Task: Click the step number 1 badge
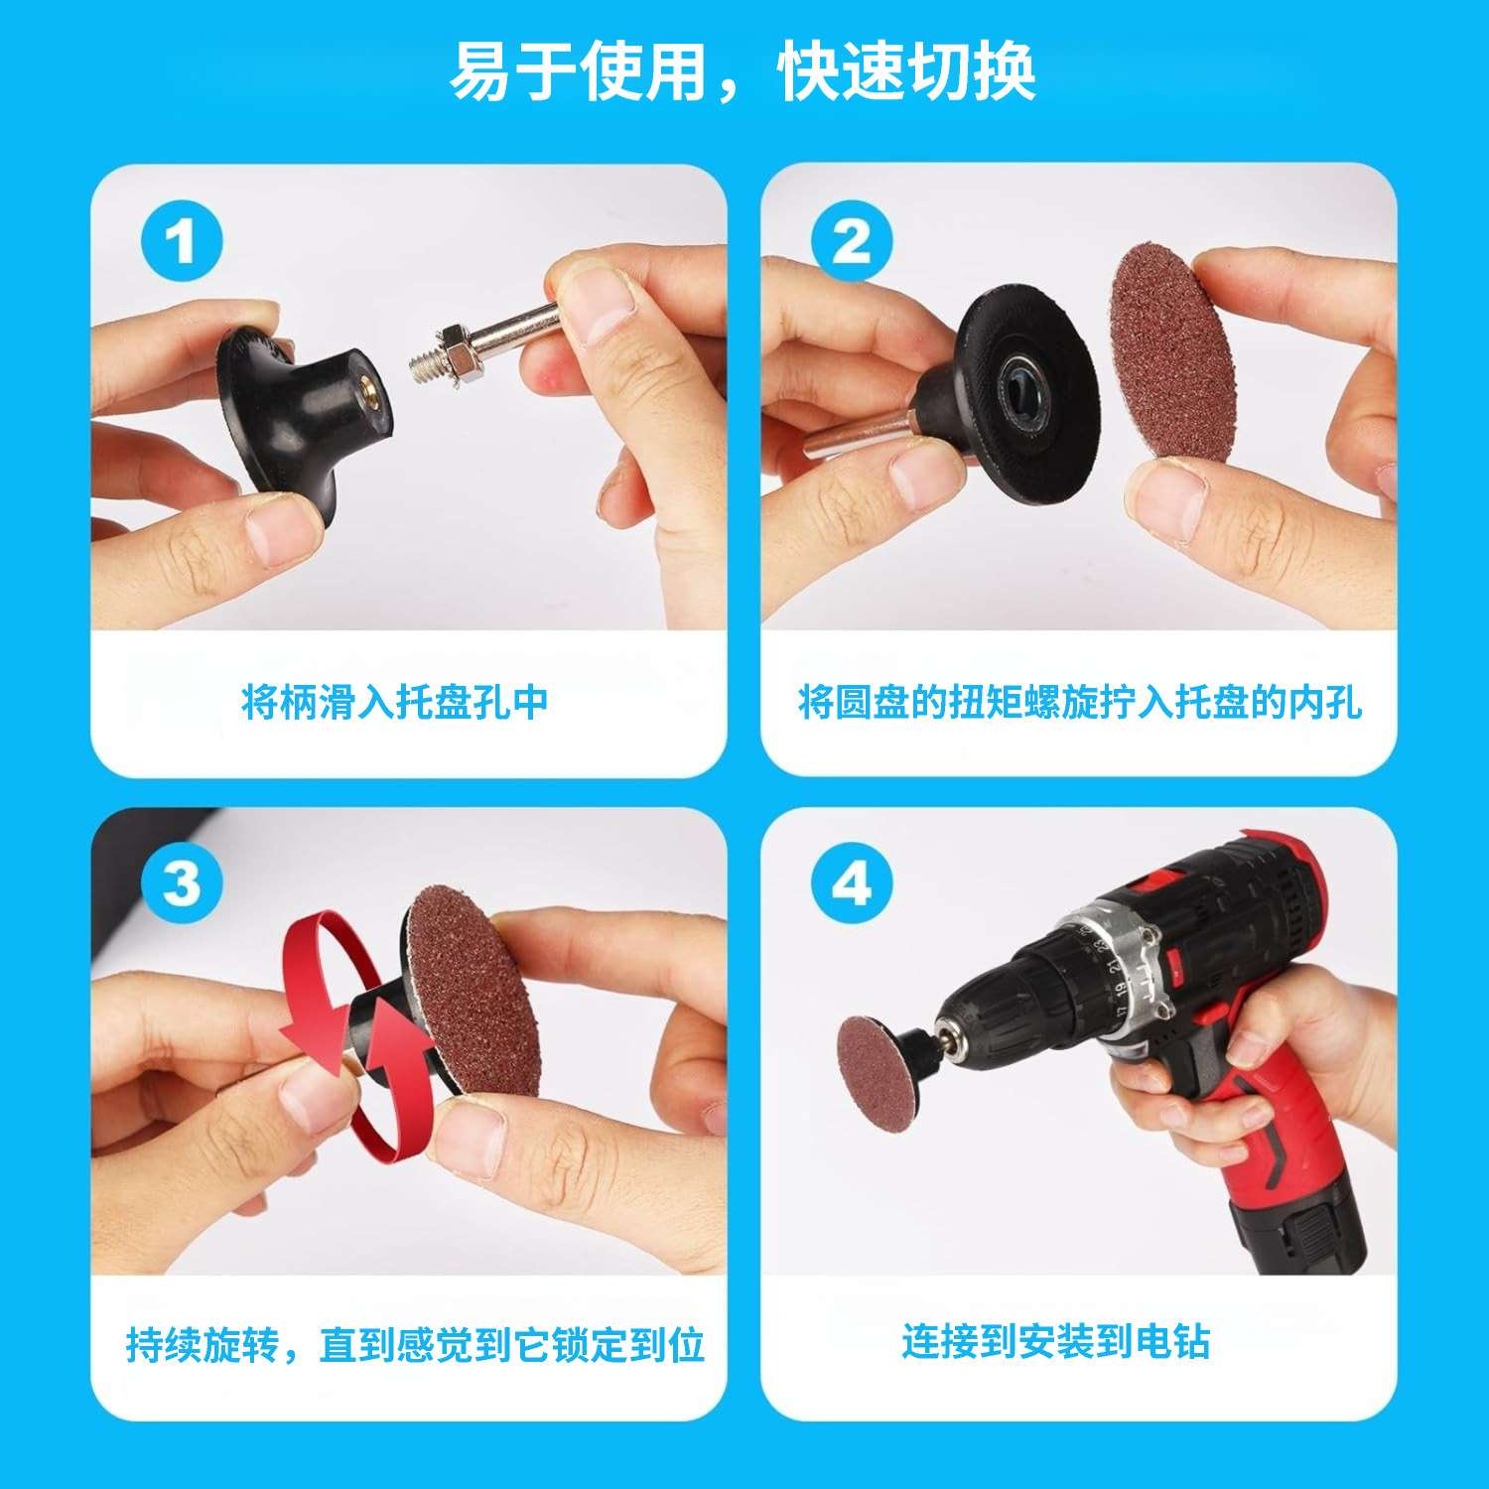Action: pos(181,242)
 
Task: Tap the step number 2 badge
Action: pos(852,242)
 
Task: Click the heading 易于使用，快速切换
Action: pos(744,71)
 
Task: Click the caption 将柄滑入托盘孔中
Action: pos(395,703)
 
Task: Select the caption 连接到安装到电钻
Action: pos(1056,1341)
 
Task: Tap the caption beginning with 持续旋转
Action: pos(415,1346)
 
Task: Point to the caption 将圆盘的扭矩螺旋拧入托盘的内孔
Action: pos(1080,703)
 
